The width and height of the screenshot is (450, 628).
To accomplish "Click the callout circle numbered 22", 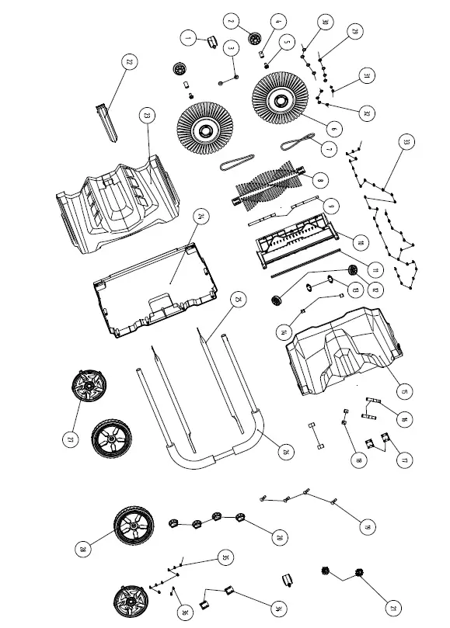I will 130,62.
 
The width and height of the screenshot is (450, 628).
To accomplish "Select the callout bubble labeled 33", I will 404,142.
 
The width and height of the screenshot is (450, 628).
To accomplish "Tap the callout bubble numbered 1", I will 187,36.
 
